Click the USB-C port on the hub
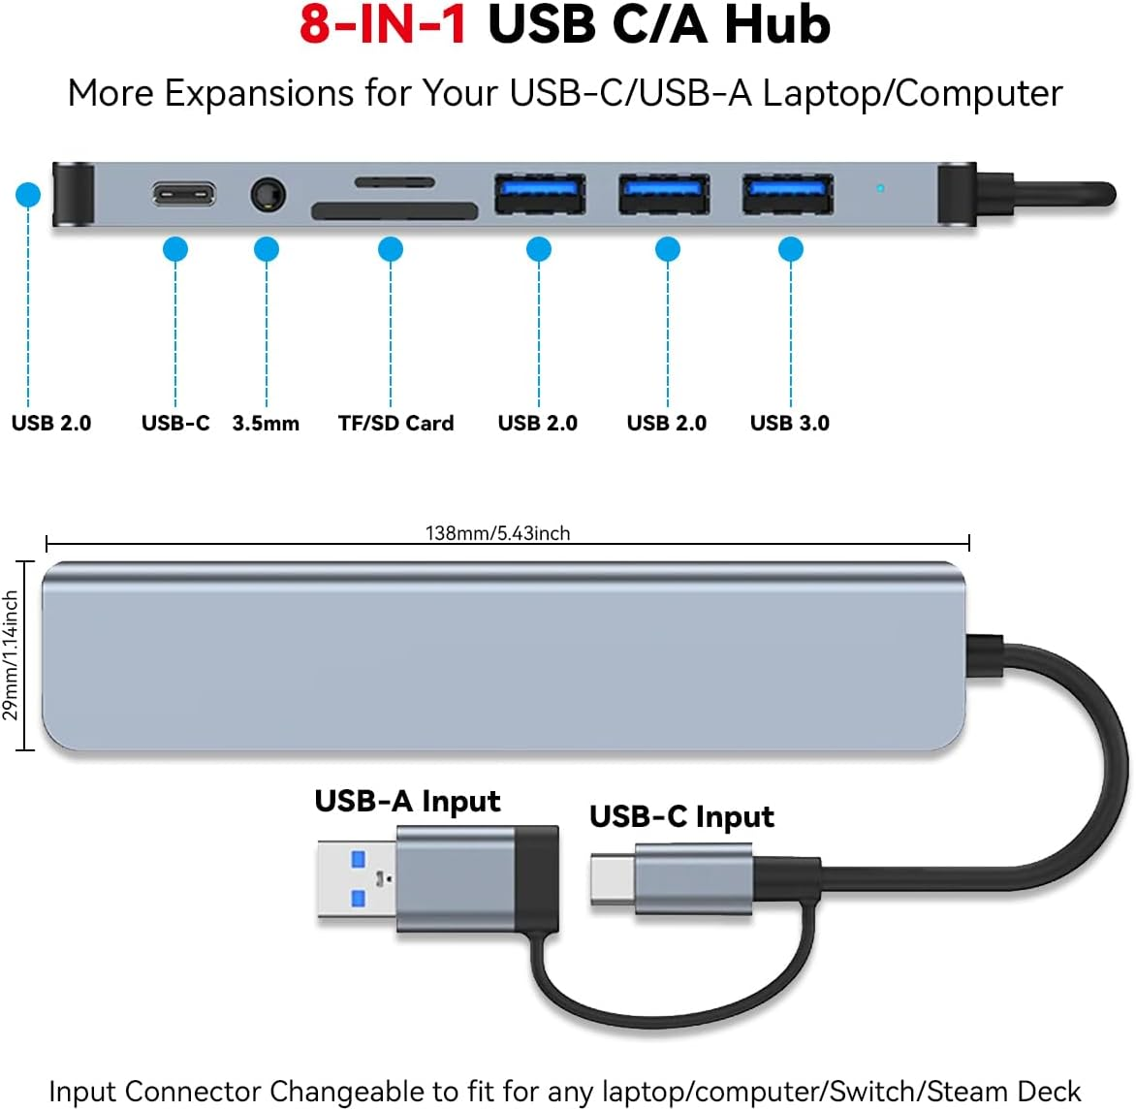tap(183, 194)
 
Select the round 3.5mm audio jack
tap(268, 195)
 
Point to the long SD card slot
tap(394, 211)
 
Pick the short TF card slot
tap(394, 181)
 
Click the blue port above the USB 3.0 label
tap(787, 193)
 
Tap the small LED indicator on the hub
tap(880, 188)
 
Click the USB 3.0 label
tap(789, 423)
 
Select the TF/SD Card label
tap(395, 423)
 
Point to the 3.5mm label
tap(266, 424)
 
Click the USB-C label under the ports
tap(175, 423)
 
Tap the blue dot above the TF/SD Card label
tap(391, 250)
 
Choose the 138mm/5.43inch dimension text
tap(497, 533)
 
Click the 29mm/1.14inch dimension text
tap(11, 655)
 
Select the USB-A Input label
tap(407, 802)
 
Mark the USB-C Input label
tap(681, 817)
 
